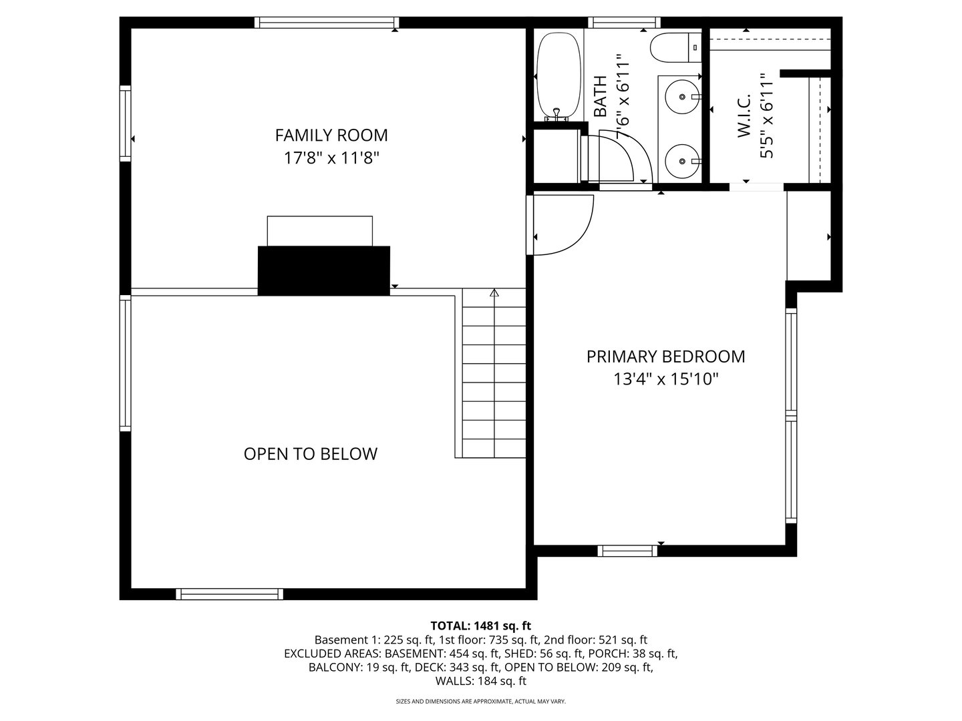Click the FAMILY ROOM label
(331, 135)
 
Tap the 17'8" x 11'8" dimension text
(331, 158)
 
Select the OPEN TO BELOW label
(310, 454)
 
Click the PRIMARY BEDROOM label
(665, 356)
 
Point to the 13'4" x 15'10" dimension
(665, 380)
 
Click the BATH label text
(600, 97)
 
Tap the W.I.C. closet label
(744, 115)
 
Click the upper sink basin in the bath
(680, 97)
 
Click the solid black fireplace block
(323, 270)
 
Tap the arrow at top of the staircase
(494, 292)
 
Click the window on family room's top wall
(327, 23)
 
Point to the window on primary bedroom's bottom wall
(627, 551)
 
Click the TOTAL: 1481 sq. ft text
(480, 626)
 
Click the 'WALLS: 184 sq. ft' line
(480, 681)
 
